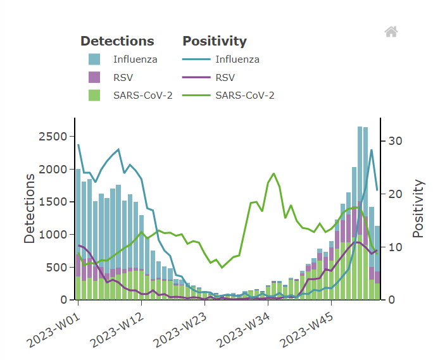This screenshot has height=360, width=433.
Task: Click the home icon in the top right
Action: pos(391,32)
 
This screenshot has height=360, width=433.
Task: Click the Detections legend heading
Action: pos(117,41)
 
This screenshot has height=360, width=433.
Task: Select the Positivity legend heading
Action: pos(215,41)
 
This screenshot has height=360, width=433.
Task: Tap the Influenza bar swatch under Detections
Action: pos(94,60)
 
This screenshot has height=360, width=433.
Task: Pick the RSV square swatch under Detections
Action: pos(94,78)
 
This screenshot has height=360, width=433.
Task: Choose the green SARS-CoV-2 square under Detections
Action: pos(94,96)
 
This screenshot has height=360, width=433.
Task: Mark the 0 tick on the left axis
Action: pos(63,300)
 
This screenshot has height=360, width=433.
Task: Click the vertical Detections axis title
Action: pos(30,208)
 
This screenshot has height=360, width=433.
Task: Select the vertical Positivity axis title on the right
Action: pos(418,208)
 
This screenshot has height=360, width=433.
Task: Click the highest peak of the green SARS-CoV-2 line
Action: pos(273,173)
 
